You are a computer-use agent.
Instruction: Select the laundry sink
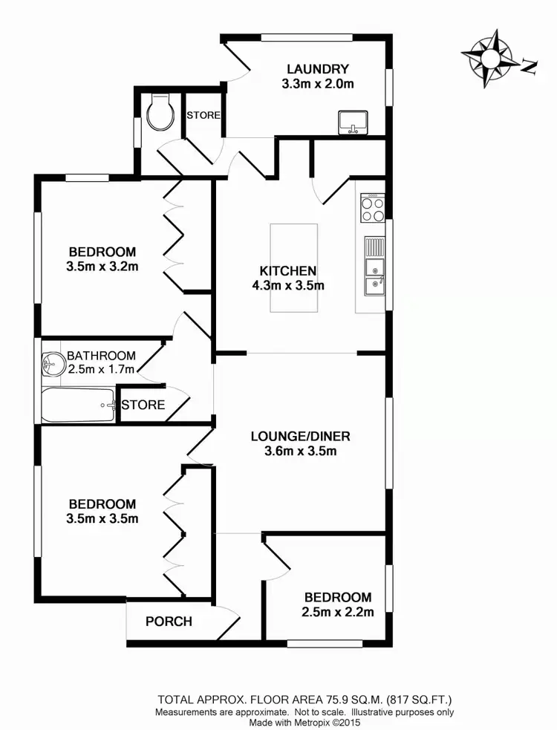351,122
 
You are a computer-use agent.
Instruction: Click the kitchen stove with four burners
373,207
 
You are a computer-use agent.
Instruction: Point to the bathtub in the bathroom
79,405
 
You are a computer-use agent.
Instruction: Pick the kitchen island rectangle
293,269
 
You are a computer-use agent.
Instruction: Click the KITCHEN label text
288,270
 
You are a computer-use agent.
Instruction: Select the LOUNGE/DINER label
300,436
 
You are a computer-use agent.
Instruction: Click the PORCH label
169,622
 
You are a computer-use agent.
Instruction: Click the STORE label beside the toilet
203,115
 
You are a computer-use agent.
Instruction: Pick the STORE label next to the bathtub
143,405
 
